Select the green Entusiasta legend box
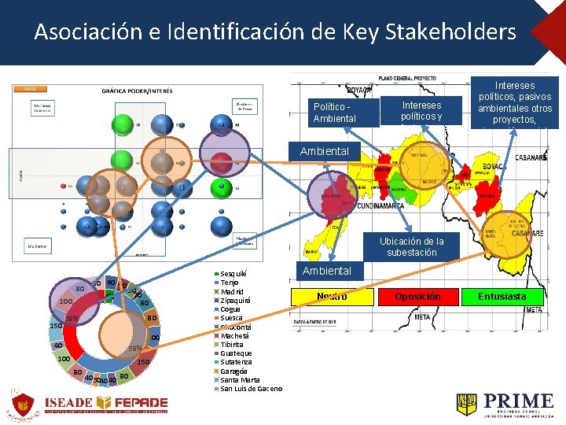tap(502, 297)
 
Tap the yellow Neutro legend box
tap(331, 297)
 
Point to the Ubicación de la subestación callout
tap(411, 247)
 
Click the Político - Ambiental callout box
tap(334, 112)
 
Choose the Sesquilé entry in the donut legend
tap(234, 273)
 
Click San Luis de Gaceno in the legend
tap(251, 389)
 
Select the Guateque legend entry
tap(235, 353)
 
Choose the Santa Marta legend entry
tap(239, 380)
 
